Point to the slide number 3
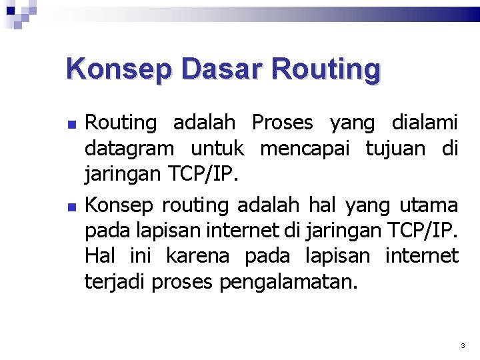click(463, 346)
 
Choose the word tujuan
click(395, 149)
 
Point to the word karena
click(197, 255)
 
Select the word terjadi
click(115, 282)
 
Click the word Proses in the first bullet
click(282, 123)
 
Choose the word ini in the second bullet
click(139, 255)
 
